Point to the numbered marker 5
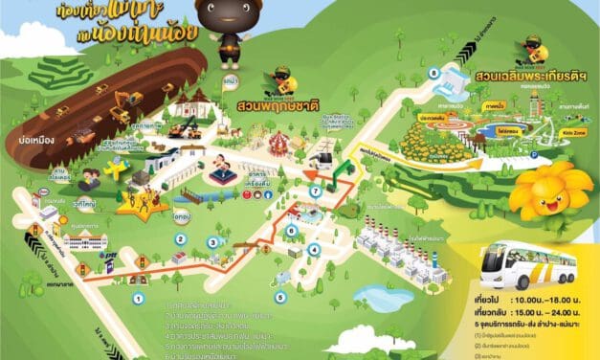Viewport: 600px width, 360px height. (x=280, y=298)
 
